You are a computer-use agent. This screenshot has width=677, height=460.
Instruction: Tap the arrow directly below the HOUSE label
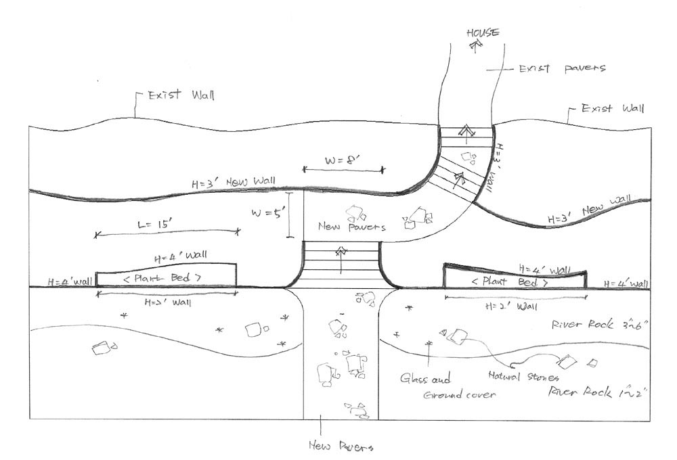(475, 45)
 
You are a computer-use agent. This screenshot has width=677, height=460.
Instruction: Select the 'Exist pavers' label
(561, 68)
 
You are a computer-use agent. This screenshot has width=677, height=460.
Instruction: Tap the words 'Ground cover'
(458, 394)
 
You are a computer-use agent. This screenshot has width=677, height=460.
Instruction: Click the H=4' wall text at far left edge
(70, 281)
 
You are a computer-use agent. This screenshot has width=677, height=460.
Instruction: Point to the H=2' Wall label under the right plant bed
(504, 306)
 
